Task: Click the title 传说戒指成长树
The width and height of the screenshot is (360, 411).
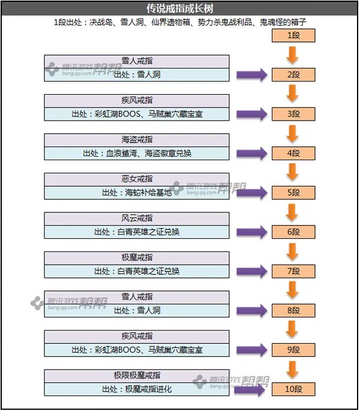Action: pos(179,8)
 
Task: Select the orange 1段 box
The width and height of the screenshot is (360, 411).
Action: pos(293,35)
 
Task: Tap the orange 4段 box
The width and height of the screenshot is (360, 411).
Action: pos(293,153)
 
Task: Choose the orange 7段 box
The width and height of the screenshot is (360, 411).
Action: pos(293,271)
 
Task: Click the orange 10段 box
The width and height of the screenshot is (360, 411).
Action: pos(293,389)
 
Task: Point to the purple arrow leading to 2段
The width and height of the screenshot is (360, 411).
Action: pos(251,75)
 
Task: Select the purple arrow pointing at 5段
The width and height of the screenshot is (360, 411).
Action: pos(251,193)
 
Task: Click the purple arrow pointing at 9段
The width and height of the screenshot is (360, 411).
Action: pos(251,350)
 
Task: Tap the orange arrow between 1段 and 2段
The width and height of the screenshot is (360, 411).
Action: pos(293,55)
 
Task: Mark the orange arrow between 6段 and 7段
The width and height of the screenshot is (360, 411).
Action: pos(293,251)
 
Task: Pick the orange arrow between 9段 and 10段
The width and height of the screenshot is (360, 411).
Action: pos(293,370)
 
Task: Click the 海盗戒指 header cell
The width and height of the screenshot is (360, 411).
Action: pos(137,140)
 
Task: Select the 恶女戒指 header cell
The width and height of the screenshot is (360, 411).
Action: pos(137,179)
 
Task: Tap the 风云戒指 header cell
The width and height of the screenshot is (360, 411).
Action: pos(137,218)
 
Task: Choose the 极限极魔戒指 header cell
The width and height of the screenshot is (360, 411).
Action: pos(137,376)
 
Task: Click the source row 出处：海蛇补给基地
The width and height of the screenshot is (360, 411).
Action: pos(137,193)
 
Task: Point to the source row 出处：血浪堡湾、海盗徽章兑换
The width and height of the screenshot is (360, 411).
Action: pos(137,153)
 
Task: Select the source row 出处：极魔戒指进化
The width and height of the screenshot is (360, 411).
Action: pos(137,389)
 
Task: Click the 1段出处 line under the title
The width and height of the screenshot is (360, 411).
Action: pos(180,23)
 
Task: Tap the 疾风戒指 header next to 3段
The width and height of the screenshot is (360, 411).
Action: pos(137,100)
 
